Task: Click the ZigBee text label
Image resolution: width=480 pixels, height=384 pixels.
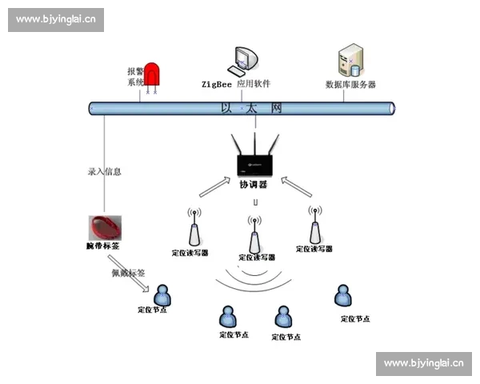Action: (216, 83)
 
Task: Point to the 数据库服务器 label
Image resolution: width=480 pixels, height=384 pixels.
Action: (350, 84)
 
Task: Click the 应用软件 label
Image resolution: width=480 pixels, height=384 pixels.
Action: (254, 83)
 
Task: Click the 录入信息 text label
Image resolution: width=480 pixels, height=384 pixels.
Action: (104, 171)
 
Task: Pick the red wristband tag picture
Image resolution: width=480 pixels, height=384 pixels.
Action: (105, 226)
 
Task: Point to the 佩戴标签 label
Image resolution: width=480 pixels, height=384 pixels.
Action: (128, 273)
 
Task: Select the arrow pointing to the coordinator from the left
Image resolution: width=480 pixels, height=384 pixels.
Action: (214, 186)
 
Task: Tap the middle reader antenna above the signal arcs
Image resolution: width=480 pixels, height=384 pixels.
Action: (254, 234)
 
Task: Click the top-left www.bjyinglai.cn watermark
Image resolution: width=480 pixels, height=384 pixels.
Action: (55, 19)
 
